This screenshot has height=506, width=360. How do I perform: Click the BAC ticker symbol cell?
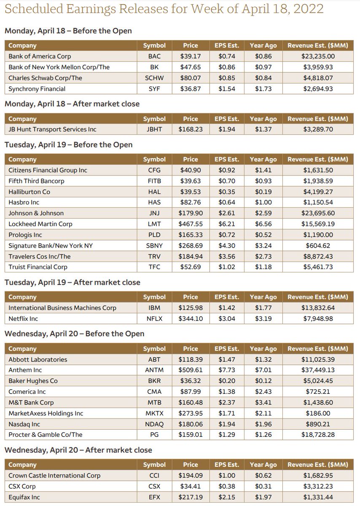154,56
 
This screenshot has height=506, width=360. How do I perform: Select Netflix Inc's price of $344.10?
191,319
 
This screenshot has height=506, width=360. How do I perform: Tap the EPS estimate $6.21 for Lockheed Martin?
227,224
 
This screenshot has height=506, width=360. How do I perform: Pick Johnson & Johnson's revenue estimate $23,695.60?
318,213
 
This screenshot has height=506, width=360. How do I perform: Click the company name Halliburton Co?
30,192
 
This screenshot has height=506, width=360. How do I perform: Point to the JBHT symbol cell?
154,129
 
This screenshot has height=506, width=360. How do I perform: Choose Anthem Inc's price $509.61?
191,370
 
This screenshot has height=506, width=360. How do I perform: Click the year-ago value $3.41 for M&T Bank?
263,403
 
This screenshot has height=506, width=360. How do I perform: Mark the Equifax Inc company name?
24,497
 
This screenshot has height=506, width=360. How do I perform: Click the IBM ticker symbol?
154,308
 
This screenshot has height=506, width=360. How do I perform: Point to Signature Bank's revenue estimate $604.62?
318,245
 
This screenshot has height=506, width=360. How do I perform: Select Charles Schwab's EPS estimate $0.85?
227,78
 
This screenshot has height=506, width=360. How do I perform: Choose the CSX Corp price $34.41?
191,486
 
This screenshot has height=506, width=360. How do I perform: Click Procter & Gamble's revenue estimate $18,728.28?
318,435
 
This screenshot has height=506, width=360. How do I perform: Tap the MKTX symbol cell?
154,413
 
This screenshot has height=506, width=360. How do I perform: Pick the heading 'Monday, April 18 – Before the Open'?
68,31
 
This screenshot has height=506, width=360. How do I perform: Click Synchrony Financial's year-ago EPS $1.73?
263,89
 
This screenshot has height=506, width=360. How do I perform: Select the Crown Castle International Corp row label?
54,476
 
